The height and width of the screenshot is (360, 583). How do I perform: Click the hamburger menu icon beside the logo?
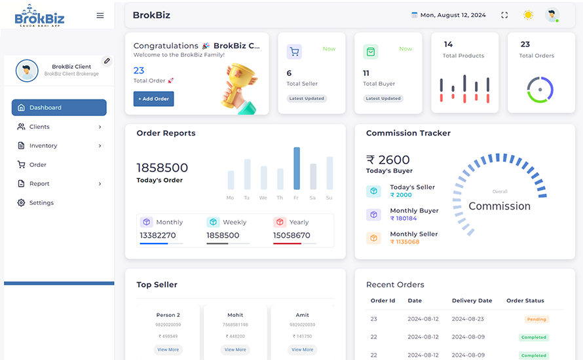click(100, 15)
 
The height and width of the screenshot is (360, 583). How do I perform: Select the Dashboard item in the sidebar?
click(59, 107)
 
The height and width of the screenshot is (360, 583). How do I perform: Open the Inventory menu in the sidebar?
click(59, 145)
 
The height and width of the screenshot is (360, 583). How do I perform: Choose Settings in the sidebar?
click(41, 203)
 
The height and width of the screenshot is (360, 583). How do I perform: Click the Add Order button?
click(154, 99)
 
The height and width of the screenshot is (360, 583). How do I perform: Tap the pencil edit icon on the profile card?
click(107, 61)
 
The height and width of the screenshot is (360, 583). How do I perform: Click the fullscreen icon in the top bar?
click(504, 15)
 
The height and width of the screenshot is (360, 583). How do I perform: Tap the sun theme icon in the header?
click(528, 15)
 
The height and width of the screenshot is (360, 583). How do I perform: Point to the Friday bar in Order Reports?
click(297, 168)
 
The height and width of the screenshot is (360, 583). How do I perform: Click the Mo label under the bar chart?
click(230, 198)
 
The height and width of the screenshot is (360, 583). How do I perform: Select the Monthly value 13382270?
click(158, 236)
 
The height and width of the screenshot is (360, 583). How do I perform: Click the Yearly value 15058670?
click(291, 236)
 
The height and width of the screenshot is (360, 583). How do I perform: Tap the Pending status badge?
click(536, 319)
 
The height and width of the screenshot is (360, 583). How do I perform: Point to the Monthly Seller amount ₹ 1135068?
click(405, 242)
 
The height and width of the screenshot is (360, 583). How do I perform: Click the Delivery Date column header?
click(472, 300)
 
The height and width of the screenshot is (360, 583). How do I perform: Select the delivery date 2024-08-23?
click(468, 319)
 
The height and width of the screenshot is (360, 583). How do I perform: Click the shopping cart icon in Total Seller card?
click(294, 52)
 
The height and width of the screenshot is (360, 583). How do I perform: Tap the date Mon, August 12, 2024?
click(453, 15)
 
